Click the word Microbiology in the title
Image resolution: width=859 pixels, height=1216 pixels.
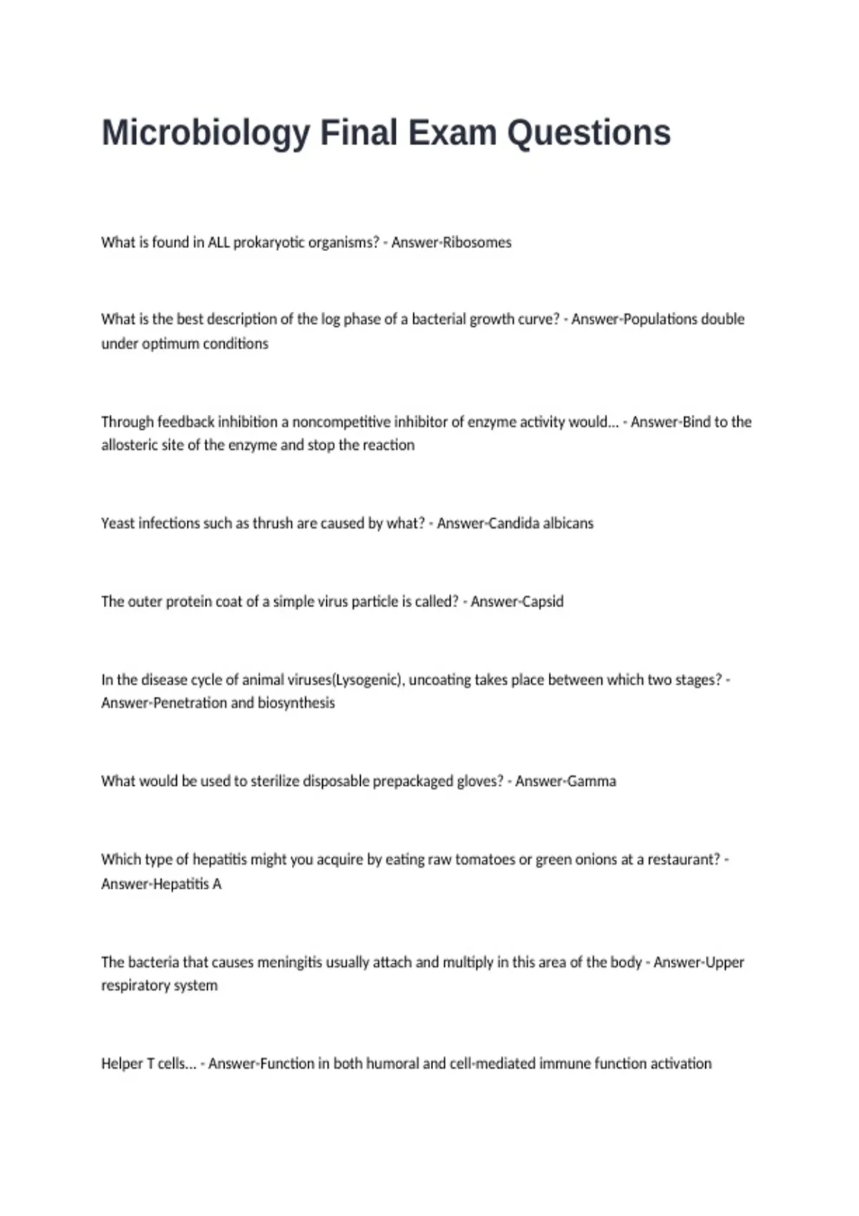click(x=206, y=134)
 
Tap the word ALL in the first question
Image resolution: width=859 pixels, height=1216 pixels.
click(x=218, y=242)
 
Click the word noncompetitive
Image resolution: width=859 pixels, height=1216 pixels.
click(x=334, y=422)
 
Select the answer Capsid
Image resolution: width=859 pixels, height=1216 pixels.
click(x=540, y=602)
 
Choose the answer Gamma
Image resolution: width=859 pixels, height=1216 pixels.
click(x=591, y=781)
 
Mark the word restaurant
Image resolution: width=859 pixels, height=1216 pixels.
click(x=683, y=860)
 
